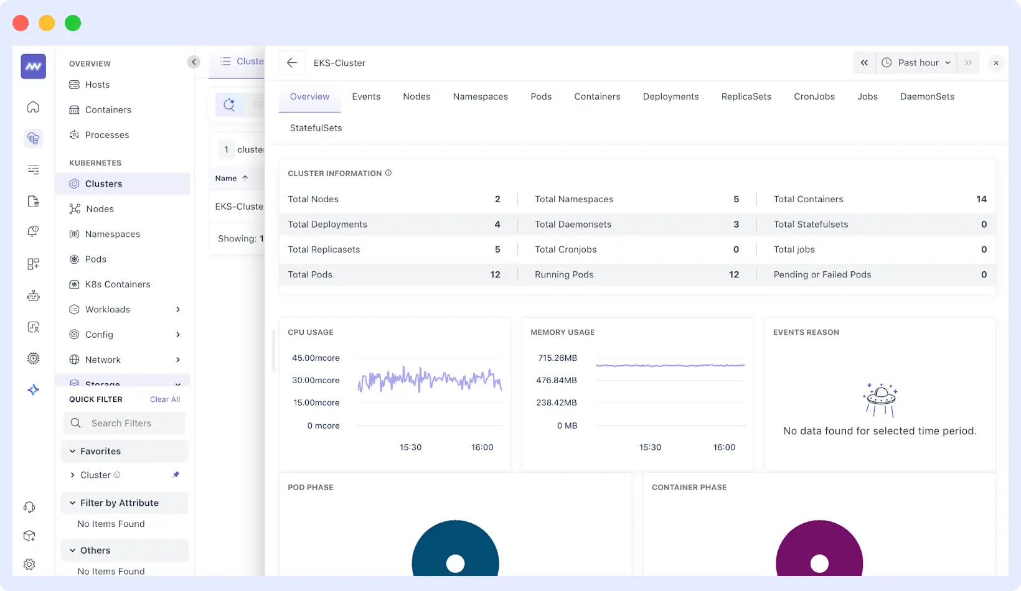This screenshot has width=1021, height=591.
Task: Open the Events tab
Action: tap(366, 96)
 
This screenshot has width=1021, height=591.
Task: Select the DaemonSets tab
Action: tap(927, 96)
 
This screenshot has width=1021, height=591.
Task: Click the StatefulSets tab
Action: tap(316, 128)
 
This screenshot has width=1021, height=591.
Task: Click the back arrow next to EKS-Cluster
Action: tap(291, 63)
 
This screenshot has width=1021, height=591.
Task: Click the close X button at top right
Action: tap(996, 63)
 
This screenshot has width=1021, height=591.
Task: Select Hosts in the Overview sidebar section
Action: tap(97, 85)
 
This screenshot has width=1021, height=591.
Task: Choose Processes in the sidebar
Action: tap(106, 135)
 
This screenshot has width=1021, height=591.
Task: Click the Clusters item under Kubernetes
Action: tap(103, 184)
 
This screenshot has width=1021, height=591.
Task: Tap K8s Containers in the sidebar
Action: tap(117, 284)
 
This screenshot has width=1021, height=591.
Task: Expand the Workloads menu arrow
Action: tap(178, 309)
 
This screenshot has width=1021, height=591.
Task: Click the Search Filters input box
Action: tap(125, 423)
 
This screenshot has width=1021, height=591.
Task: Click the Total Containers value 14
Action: tap(981, 199)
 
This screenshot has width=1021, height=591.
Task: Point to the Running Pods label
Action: tap(564, 274)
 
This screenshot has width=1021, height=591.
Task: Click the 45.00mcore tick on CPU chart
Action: tap(316, 358)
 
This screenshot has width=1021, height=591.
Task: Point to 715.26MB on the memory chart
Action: tap(557, 358)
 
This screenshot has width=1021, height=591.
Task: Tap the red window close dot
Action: tap(21, 23)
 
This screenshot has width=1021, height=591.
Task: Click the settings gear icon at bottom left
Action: tap(29, 564)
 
